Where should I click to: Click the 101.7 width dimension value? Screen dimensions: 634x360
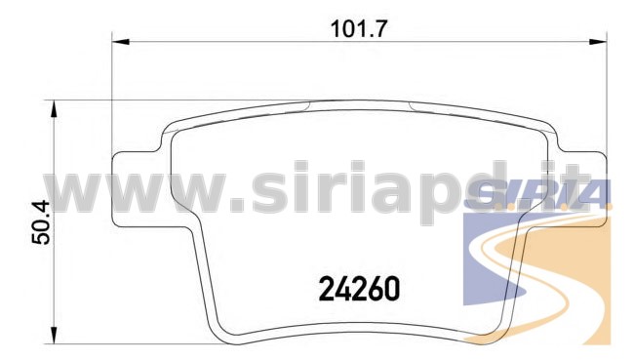[359, 29]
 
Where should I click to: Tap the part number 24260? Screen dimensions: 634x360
[360, 289]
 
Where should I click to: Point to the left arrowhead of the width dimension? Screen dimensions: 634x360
[120, 42]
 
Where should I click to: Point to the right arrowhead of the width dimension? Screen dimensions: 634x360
[599, 42]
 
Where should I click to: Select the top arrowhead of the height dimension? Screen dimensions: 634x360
[54, 109]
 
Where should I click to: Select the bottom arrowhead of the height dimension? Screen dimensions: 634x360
[54, 336]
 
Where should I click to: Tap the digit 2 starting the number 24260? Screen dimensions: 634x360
[326, 289]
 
